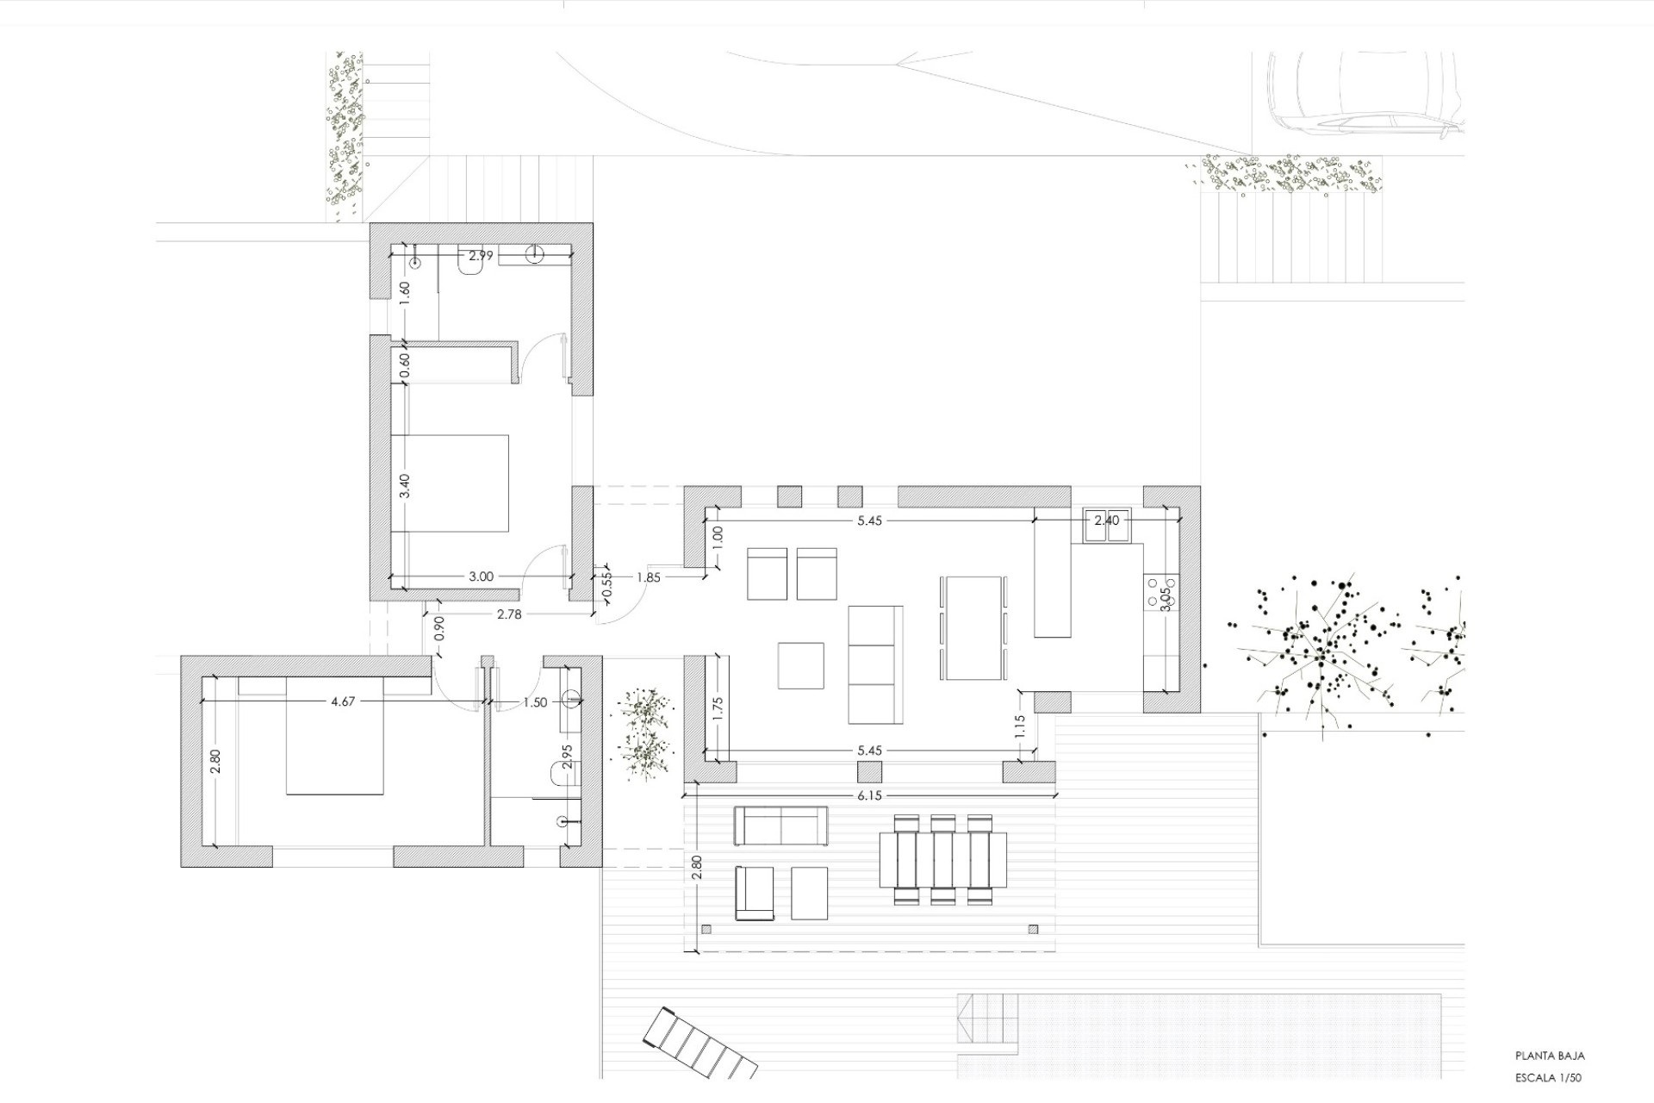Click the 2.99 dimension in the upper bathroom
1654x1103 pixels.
[x=481, y=256]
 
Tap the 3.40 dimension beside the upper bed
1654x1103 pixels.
[x=405, y=485]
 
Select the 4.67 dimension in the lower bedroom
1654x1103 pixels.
[x=343, y=701]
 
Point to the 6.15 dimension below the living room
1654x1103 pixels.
[x=869, y=796]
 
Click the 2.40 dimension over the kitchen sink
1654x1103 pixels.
[x=1106, y=520]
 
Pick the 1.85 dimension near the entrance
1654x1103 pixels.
[x=648, y=577]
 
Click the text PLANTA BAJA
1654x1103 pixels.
[x=1550, y=1056]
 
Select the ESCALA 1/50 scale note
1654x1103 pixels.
[x=1548, y=1077]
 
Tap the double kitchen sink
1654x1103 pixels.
[x=1107, y=526]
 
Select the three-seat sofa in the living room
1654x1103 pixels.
[x=875, y=664]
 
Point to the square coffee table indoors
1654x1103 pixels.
[x=800, y=665]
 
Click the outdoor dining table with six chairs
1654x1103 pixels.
[x=942, y=859]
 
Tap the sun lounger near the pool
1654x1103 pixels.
[x=700, y=1044]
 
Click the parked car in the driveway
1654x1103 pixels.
[x=1365, y=95]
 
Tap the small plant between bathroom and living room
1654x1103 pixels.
[x=643, y=732]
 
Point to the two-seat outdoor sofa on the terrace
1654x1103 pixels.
[x=780, y=826]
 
